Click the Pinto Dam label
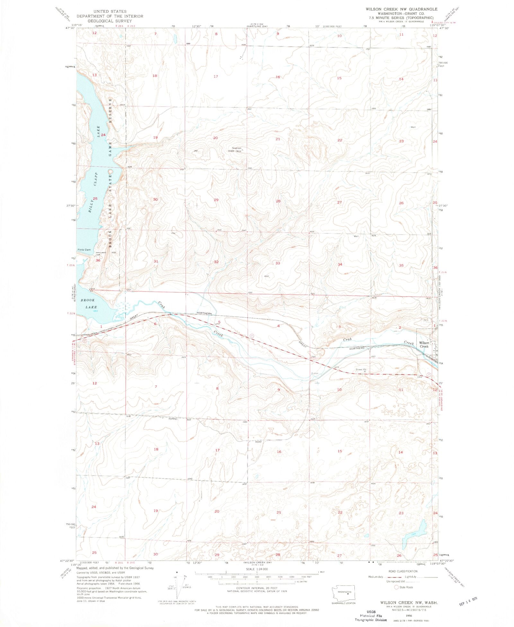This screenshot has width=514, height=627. click(x=84, y=250)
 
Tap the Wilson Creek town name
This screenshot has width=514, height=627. click(x=424, y=344)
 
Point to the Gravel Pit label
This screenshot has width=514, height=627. click(x=361, y=369)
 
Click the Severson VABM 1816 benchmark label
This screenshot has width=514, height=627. click(x=234, y=150)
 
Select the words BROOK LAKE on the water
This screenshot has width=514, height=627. click(x=88, y=304)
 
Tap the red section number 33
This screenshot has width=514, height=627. click(x=278, y=263)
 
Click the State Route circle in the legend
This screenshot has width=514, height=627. click(x=396, y=587)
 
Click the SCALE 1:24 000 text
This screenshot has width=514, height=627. click(x=257, y=569)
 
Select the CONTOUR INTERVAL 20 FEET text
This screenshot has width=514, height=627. click(x=257, y=588)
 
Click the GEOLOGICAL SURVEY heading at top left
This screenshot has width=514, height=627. click(x=110, y=21)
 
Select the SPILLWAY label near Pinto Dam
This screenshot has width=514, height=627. click(x=101, y=252)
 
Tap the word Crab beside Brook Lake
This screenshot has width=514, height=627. click(x=161, y=305)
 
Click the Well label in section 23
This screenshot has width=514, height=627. click(x=413, y=127)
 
